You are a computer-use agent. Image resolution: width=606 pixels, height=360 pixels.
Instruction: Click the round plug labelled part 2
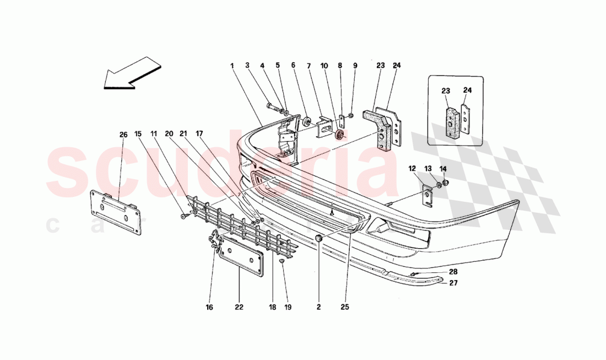(x=319, y=238)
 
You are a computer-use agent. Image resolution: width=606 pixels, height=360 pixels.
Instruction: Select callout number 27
(x=452, y=283)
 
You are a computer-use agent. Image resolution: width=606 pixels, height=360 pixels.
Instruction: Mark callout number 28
(x=452, y=271)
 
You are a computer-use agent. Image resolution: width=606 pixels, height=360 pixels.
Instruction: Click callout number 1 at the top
(x=232, y=66)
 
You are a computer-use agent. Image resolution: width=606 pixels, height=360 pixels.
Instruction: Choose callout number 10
(x=324, y=66)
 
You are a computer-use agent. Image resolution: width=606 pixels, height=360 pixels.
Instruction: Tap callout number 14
(x=442, y=169)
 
